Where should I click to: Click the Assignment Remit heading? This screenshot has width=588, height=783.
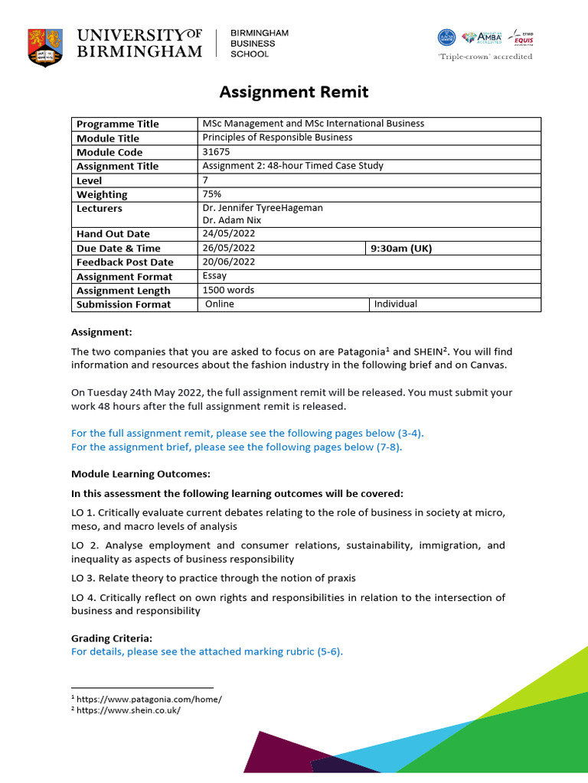[x=294, y=93]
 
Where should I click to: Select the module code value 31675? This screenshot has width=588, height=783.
[x=214, y=152]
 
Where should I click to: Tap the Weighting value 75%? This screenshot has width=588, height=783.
[x=212, y=194]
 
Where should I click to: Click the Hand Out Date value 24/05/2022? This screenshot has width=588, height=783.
[x=229, y=234]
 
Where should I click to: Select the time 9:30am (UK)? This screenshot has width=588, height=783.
[x=401, y=249]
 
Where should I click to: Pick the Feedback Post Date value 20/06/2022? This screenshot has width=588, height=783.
[x=229, y=262]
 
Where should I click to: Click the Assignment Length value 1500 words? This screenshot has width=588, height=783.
[x=228, y=291]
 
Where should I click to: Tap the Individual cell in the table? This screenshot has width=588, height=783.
[x=395, y=304]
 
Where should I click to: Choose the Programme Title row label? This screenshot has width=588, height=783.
[x=118, y=125]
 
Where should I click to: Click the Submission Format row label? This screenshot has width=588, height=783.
[x=124, y=305]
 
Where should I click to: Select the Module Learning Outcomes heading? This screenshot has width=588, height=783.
[x=141, y=474]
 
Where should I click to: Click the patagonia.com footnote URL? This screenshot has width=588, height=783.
[x=149, y=699]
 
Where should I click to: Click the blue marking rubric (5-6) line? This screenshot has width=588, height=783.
[x=207, y=651]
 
